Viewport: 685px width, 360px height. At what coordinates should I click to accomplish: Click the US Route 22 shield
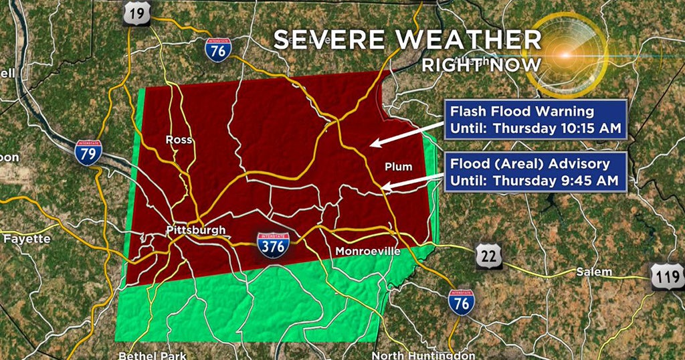[x=489, y=257]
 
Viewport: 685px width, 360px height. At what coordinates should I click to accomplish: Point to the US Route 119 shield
[x=667, y=276]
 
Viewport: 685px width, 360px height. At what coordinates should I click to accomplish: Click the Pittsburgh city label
[x=195, y=231]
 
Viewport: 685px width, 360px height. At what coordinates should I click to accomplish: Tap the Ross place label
[x=179, y=140]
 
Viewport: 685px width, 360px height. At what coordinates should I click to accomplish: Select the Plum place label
[x=399, y=167]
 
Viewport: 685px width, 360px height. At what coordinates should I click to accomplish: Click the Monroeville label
[x=367, y=252]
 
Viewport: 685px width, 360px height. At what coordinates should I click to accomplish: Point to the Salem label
[x=593, y=272]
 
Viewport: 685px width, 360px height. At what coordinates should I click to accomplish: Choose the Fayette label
[x=27, y=238]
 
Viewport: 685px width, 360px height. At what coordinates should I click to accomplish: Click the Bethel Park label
[x=153, y=355]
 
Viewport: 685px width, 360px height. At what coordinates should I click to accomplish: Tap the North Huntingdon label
[x=423, y=355]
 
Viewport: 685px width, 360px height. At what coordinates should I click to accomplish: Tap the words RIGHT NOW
[x=481, y=65]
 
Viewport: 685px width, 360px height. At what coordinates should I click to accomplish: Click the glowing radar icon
[x=565, y=54]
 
